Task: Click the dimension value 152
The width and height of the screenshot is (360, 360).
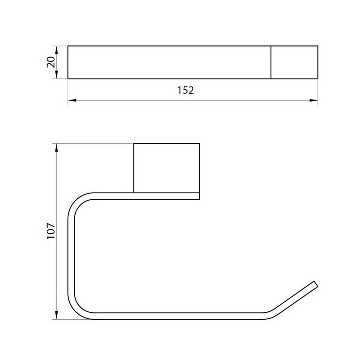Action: pos(185,90)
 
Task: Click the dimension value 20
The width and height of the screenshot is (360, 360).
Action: pos(51,62)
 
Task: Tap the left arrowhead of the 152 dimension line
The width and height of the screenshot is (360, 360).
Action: pos(71,100)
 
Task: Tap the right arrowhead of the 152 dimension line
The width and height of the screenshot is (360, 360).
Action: pos(315,100)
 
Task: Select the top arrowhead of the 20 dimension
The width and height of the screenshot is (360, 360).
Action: pos(57,49)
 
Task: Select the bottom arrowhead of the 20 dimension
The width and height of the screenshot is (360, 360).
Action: pos(57,76)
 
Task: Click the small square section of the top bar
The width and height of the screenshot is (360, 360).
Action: pos(294,62)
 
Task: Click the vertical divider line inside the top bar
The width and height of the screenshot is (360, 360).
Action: pos(271,62)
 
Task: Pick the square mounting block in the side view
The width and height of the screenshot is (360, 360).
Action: pos(166,168)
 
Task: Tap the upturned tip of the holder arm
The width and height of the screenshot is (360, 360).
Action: pos(316,284)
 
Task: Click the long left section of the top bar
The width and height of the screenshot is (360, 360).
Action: pos(169,62)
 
